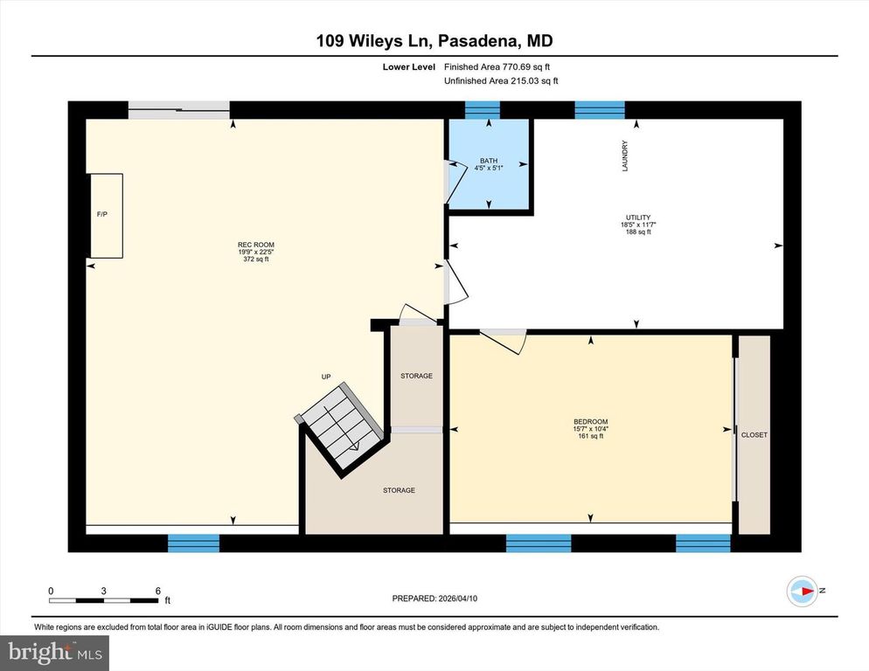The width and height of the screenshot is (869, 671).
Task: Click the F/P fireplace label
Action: tap(101, 214)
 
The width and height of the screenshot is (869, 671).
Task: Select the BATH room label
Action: tap(488, 161)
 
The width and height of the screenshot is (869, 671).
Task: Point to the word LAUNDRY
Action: tap(625, 156)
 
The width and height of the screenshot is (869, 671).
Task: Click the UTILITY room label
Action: tap(638, 218)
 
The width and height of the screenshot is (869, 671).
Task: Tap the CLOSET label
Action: tap(754, 434)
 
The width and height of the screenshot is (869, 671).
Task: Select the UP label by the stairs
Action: tap(325, 377)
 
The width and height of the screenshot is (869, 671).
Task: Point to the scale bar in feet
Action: tap(104, 599)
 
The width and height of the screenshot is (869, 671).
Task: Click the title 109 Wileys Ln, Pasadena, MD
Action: tap(434, 41)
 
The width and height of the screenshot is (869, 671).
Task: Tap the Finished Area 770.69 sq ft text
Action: tap(497, 66)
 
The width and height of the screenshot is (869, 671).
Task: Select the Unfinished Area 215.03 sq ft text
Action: tap(501, 80)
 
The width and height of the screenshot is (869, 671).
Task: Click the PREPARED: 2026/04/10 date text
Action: tap(434, 598)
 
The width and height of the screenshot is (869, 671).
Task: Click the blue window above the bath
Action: tap(482, 109)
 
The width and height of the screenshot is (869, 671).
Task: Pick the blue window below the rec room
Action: tap(193, 543)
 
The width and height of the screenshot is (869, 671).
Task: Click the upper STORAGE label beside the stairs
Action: tap(416, 376)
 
